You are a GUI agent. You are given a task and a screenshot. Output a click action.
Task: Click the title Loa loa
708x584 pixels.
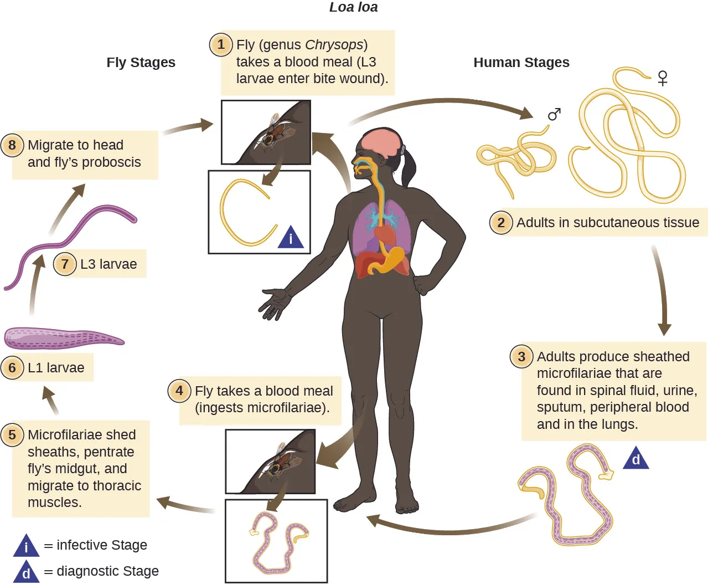pyautogui.click(x=353, y=7)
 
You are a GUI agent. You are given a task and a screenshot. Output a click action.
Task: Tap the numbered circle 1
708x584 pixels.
pyautogui.click(x=220, y=44)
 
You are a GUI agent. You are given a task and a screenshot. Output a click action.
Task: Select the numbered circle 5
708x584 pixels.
pyautogui.click(x=12, y=435)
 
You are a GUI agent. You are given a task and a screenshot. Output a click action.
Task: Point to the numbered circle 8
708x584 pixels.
pyautogui.click(x=12, y=145)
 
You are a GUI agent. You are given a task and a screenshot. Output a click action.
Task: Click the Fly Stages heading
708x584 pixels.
pyautogui.click(x=141, y=63)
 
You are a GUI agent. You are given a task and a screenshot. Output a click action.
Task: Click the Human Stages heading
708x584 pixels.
pyautogui.click(x=521, y=63)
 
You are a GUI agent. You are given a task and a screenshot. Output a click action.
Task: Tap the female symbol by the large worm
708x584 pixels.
pyautogui.click(x=663, y=78)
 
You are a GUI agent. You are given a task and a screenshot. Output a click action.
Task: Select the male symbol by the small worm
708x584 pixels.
pyautogui.click(x=554, y=114)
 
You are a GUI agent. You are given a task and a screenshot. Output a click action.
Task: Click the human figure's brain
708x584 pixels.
pyautogui.click(x=381, y=142)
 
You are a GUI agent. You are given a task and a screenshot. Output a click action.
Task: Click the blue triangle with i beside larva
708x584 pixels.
pyautogui.click(x=291, y=238)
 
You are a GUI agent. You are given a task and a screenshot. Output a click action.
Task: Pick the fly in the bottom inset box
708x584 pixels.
pyautogui.click(x=280, y=462)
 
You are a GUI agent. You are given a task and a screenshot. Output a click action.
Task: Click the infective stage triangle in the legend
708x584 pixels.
pyautogui.click(x=26, y=546)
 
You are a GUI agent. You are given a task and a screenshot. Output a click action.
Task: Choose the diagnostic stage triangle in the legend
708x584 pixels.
pyautogui.click(x=26, y=572)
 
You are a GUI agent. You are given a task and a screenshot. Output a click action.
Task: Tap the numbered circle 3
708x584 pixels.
pyautogui.click(x=521, y=356)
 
